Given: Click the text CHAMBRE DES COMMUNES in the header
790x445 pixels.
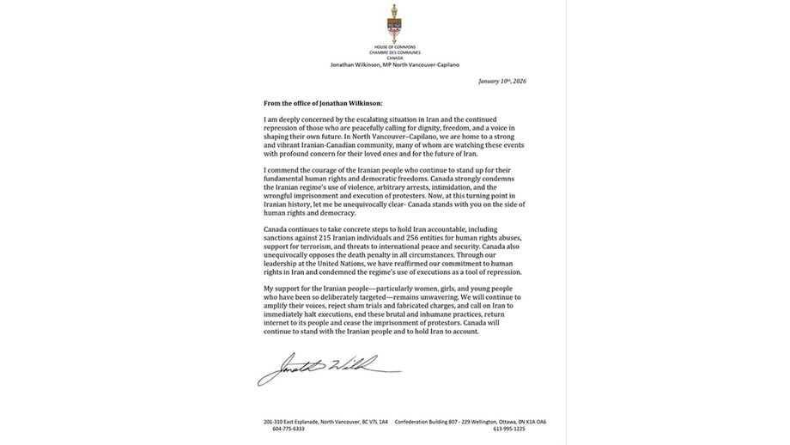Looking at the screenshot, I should [395, 52].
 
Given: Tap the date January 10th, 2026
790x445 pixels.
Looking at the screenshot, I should [501, 81].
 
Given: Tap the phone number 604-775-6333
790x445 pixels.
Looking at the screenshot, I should [289, 429].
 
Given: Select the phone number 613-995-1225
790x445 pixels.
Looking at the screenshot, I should [508, 429].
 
